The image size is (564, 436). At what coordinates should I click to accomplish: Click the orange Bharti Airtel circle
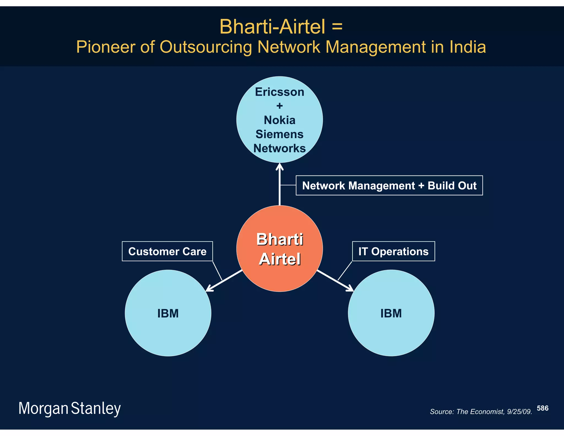280,249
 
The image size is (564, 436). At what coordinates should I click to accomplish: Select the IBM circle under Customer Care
168,313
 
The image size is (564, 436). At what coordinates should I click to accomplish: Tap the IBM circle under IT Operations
391,313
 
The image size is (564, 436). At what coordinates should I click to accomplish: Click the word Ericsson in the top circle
280,92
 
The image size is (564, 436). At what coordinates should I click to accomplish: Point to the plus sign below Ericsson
280,106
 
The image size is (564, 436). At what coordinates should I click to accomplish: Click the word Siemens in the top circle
280,134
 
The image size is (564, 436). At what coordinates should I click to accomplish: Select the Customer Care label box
167,251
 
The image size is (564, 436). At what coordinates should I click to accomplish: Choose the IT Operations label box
394,251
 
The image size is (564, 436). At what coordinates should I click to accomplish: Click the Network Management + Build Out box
389,185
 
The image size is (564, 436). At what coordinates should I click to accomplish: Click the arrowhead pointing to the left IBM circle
209,288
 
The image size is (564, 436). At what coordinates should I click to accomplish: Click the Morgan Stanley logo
70,408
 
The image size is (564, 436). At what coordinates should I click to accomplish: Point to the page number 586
543,408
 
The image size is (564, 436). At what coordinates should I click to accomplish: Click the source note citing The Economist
481,412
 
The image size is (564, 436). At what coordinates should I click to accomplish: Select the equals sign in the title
337,27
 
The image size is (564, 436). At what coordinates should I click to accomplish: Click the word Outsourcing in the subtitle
206,47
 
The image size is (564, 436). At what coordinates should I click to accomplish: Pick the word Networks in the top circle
280,148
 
